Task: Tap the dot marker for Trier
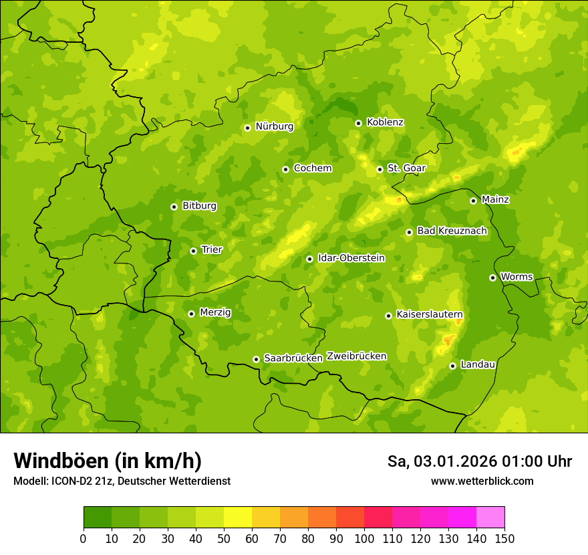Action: (194, 251)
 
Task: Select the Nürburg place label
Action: (274, 126)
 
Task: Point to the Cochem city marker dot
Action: (286, 169)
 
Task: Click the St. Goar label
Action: (406, 169)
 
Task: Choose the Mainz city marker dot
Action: (473, 201)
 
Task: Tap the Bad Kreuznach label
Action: (452, 231)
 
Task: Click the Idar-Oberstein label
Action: (351, 258)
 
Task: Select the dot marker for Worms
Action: (492, 277)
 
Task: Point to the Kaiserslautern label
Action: (430, 314)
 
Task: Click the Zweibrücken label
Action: (356, 356)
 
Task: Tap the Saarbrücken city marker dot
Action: (256, 359)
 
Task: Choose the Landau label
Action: (478, 364)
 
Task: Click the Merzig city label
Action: (215, 312)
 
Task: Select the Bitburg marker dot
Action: (174, 207)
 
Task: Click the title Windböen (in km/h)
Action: (108, 461)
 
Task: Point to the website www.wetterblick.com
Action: (482, 481)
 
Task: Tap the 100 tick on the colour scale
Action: (364, 538)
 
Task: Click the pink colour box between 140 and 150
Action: (490, 518)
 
